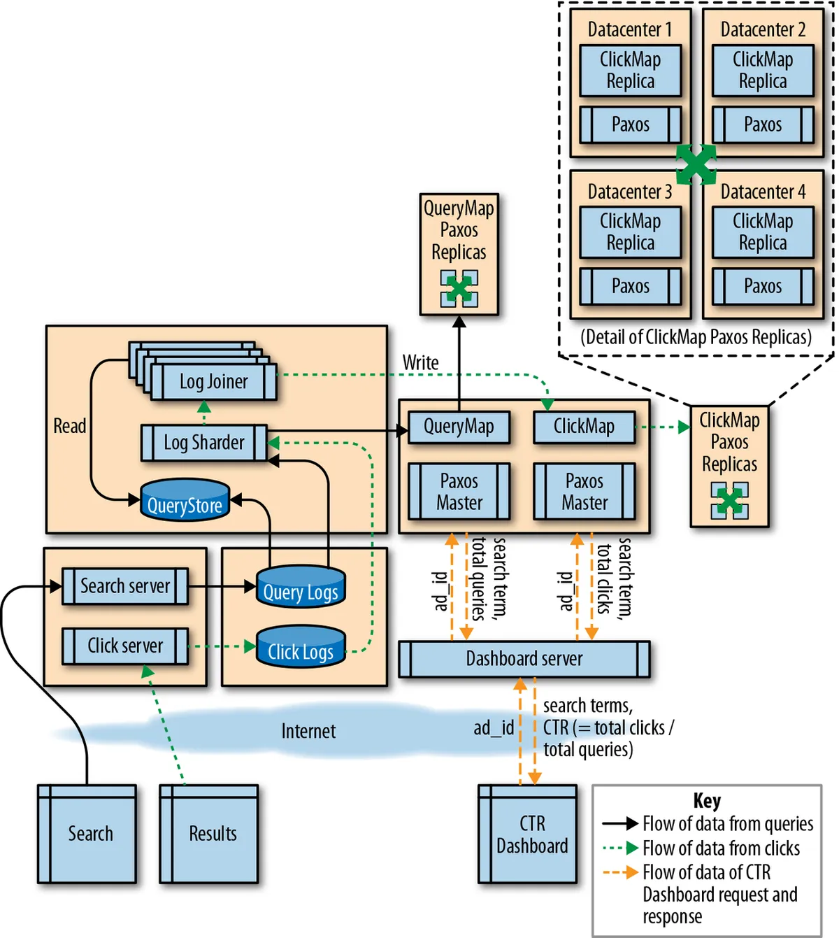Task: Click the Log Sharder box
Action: tap(204, 443)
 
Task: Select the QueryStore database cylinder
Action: tap(185, 502)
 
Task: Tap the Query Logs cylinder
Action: tap(301, 588)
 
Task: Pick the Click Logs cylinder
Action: tap(301, 648)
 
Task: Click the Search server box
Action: tap(125, 586)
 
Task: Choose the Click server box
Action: tap(125, 646)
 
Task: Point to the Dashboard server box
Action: tap(524, 659)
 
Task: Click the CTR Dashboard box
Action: tap(528, 834)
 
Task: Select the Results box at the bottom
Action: tap(209, 834)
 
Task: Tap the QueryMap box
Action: tap(459, 427)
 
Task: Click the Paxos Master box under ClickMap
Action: tap(585, 492)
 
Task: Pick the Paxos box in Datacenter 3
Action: tap(630, 287)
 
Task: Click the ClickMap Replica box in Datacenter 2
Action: tap(763, 71)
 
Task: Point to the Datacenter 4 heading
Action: tap(763, 192)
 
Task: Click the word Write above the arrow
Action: tap(421, 363)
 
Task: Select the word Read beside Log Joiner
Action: tap(70, 426)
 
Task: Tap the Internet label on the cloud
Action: tap(308, 732)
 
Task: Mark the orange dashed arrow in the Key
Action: tap(620, 872)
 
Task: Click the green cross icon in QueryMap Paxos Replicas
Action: tap(459, 289)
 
